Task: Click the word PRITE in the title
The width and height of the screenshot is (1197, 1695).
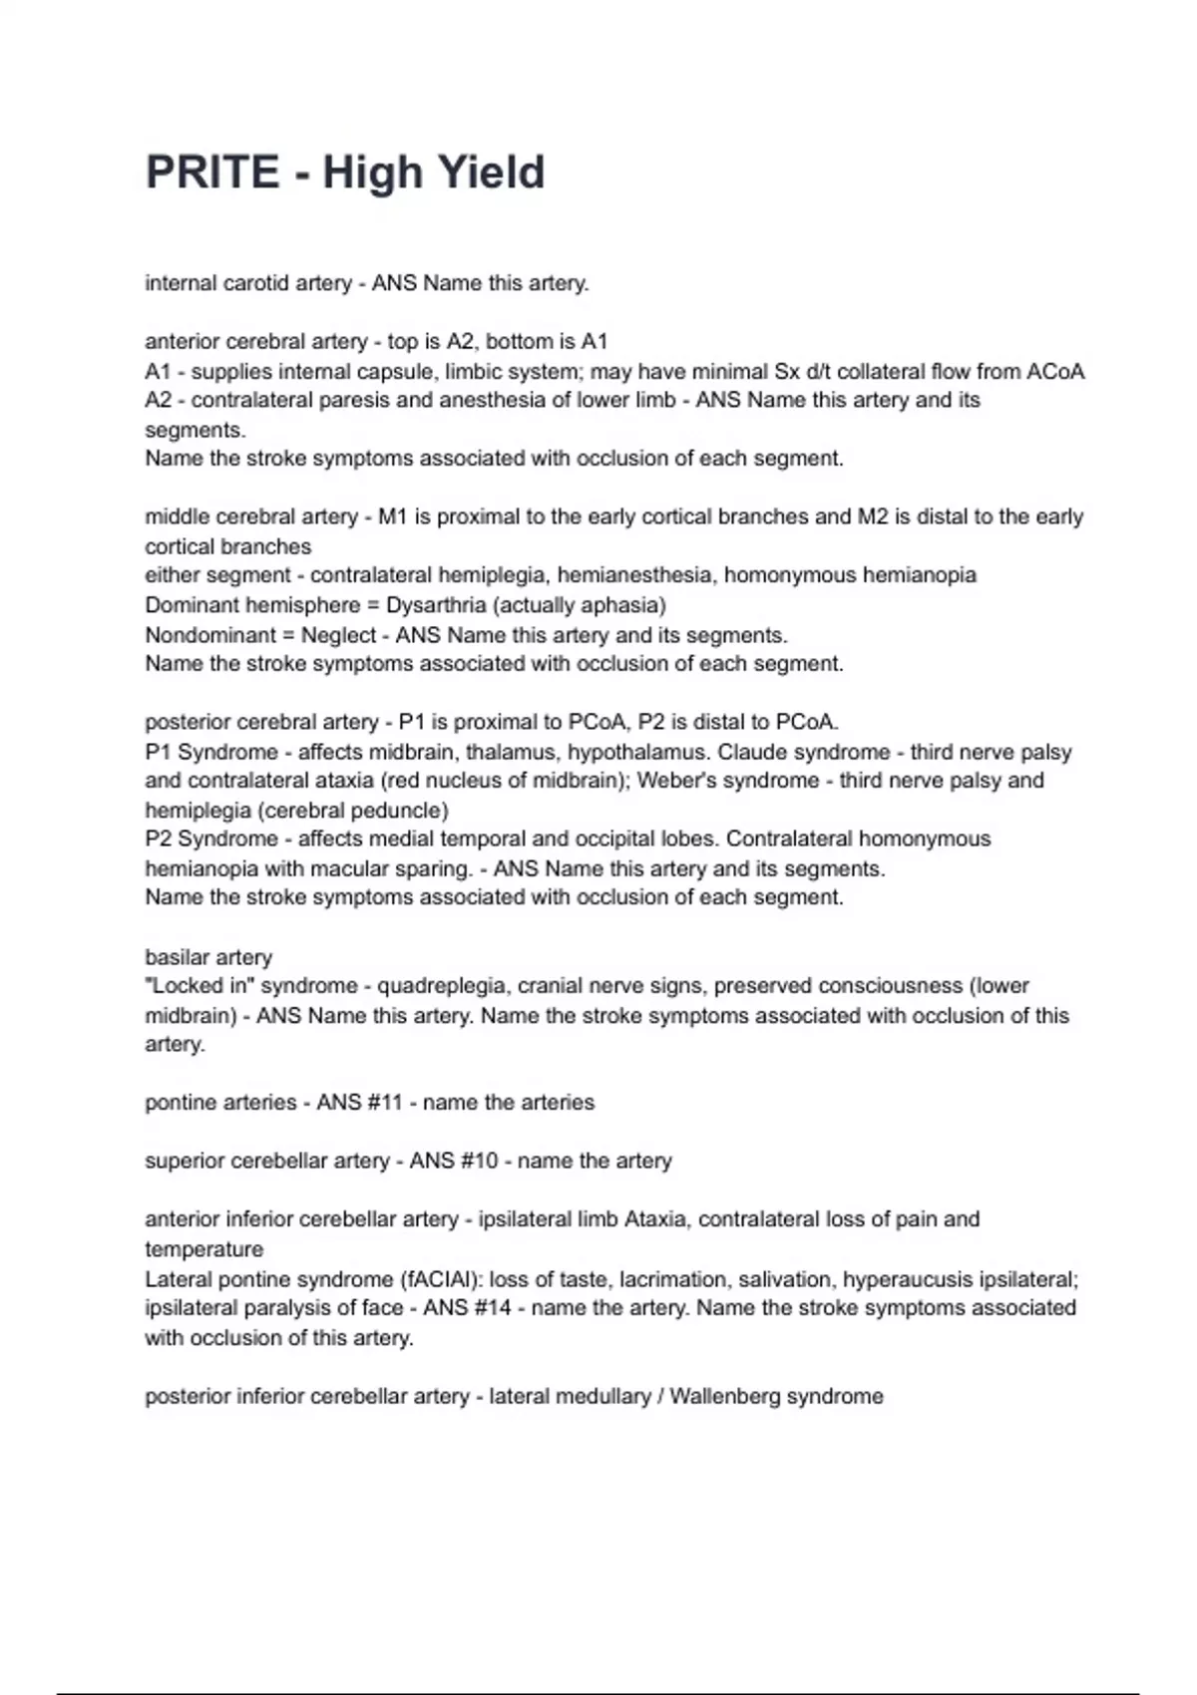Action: coord(212,171)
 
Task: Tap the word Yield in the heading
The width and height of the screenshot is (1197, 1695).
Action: coord(489,171)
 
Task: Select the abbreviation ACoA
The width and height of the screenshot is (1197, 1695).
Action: coord(1054,372)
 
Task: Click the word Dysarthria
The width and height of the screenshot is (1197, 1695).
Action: coord(436,605)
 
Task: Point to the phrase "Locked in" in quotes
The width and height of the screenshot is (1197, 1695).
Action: coord(199,986)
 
